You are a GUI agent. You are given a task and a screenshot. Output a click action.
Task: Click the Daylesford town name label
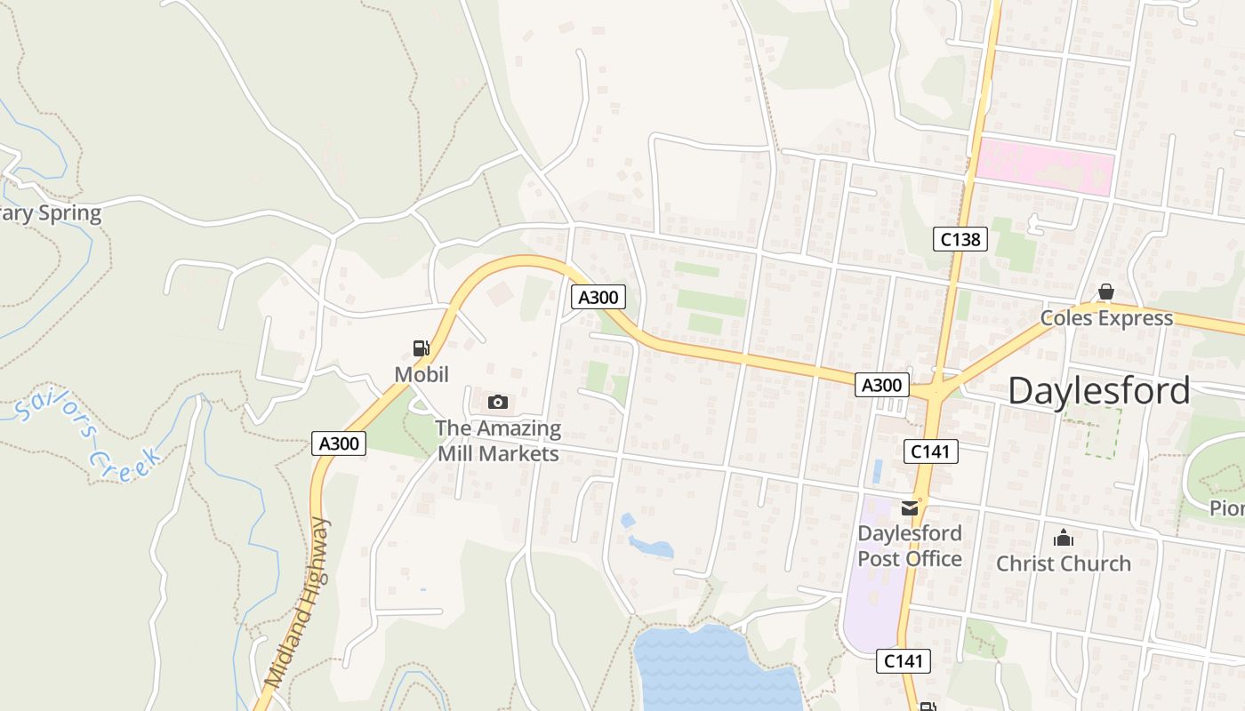[1098, 391]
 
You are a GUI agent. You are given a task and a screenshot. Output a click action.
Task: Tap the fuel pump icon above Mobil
[421, 348]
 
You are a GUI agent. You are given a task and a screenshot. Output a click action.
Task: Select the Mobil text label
[422, 374]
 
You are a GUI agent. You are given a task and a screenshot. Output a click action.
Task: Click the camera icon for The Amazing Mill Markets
[498, 403]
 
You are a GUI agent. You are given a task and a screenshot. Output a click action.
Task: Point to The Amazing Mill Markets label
[498, 441]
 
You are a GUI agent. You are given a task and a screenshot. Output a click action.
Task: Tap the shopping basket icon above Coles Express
[1105, 292]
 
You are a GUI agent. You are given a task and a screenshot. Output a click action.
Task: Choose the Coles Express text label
[1106, 318]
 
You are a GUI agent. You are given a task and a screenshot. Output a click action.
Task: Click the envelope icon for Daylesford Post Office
[910, 508]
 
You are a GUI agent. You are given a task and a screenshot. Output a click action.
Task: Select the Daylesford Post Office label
[909, 546]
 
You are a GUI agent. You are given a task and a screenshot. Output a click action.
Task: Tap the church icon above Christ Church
[1063, 538]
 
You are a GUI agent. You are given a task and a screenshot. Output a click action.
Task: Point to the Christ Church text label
[1063, 563]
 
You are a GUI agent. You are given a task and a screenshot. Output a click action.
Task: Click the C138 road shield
[960, 238]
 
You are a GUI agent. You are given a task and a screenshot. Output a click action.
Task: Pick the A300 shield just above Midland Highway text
[339, 443]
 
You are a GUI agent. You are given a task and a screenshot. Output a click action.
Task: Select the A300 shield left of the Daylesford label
[882, 385]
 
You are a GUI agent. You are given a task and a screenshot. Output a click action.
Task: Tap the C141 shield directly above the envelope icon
[931, 451]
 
